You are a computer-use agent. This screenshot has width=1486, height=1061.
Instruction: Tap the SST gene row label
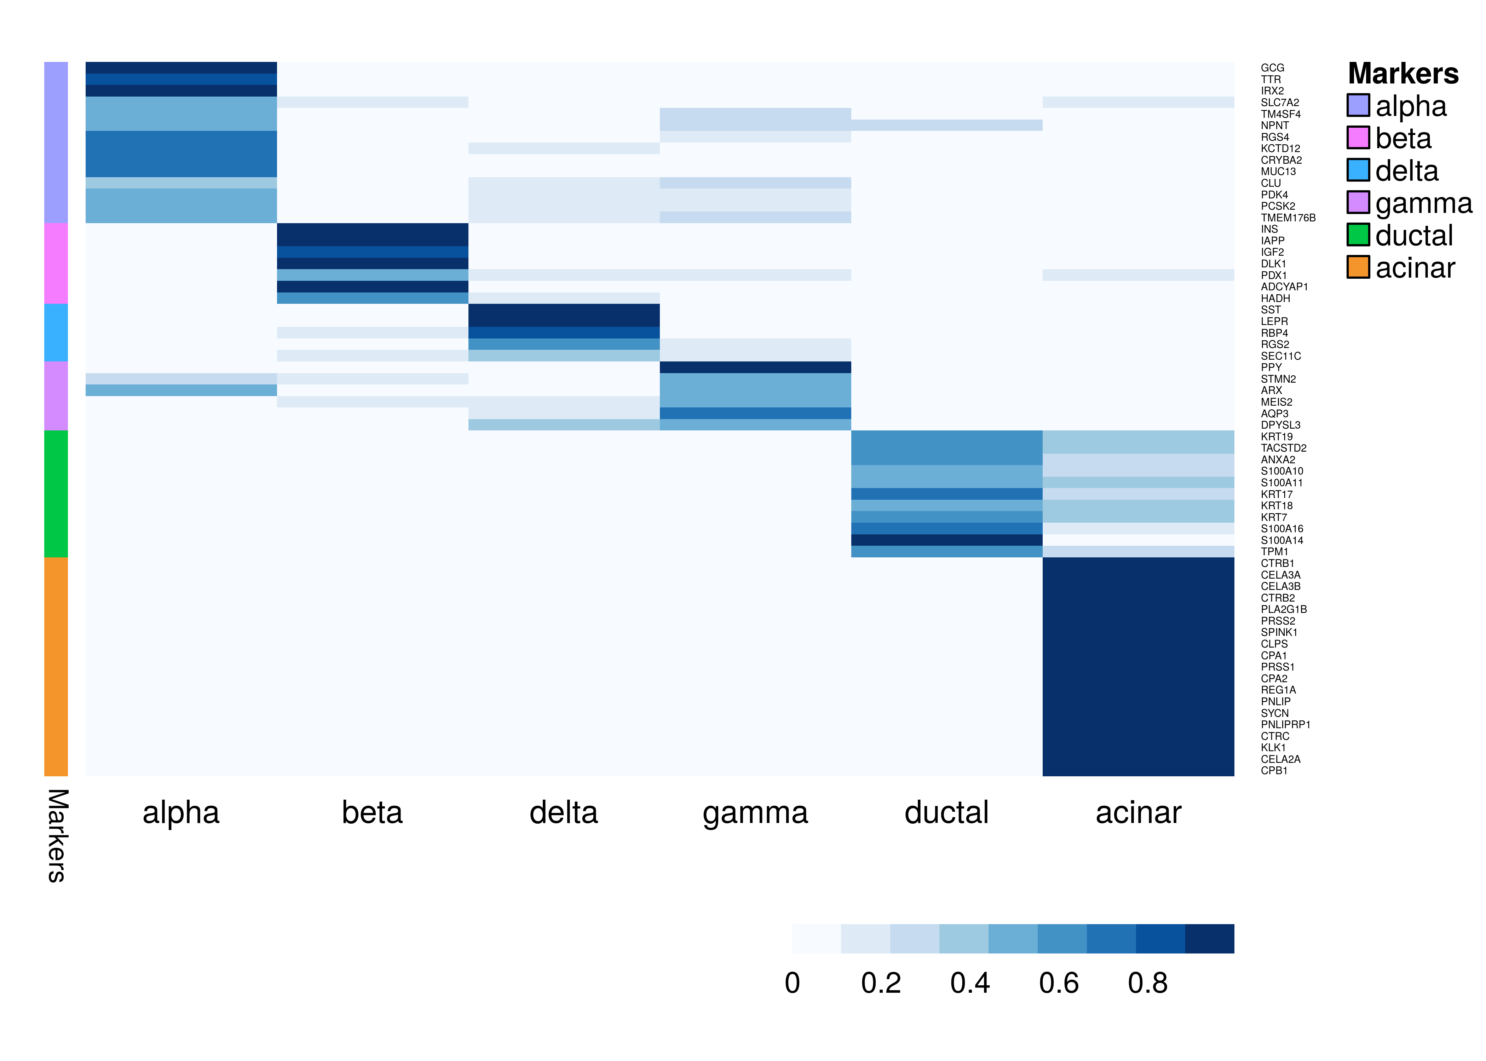1271,310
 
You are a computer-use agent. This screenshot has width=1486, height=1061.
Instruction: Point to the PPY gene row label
1271,367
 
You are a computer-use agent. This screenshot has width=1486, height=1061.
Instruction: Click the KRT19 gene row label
1276,436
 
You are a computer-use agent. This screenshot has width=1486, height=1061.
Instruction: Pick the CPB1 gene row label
1274,771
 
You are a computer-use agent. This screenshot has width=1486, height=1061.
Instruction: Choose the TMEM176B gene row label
1288,218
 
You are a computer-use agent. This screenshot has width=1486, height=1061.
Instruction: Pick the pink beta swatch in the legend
1358,138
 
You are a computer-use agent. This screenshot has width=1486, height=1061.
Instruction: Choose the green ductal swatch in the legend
1358,234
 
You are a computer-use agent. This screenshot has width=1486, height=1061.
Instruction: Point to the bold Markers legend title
1403,74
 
